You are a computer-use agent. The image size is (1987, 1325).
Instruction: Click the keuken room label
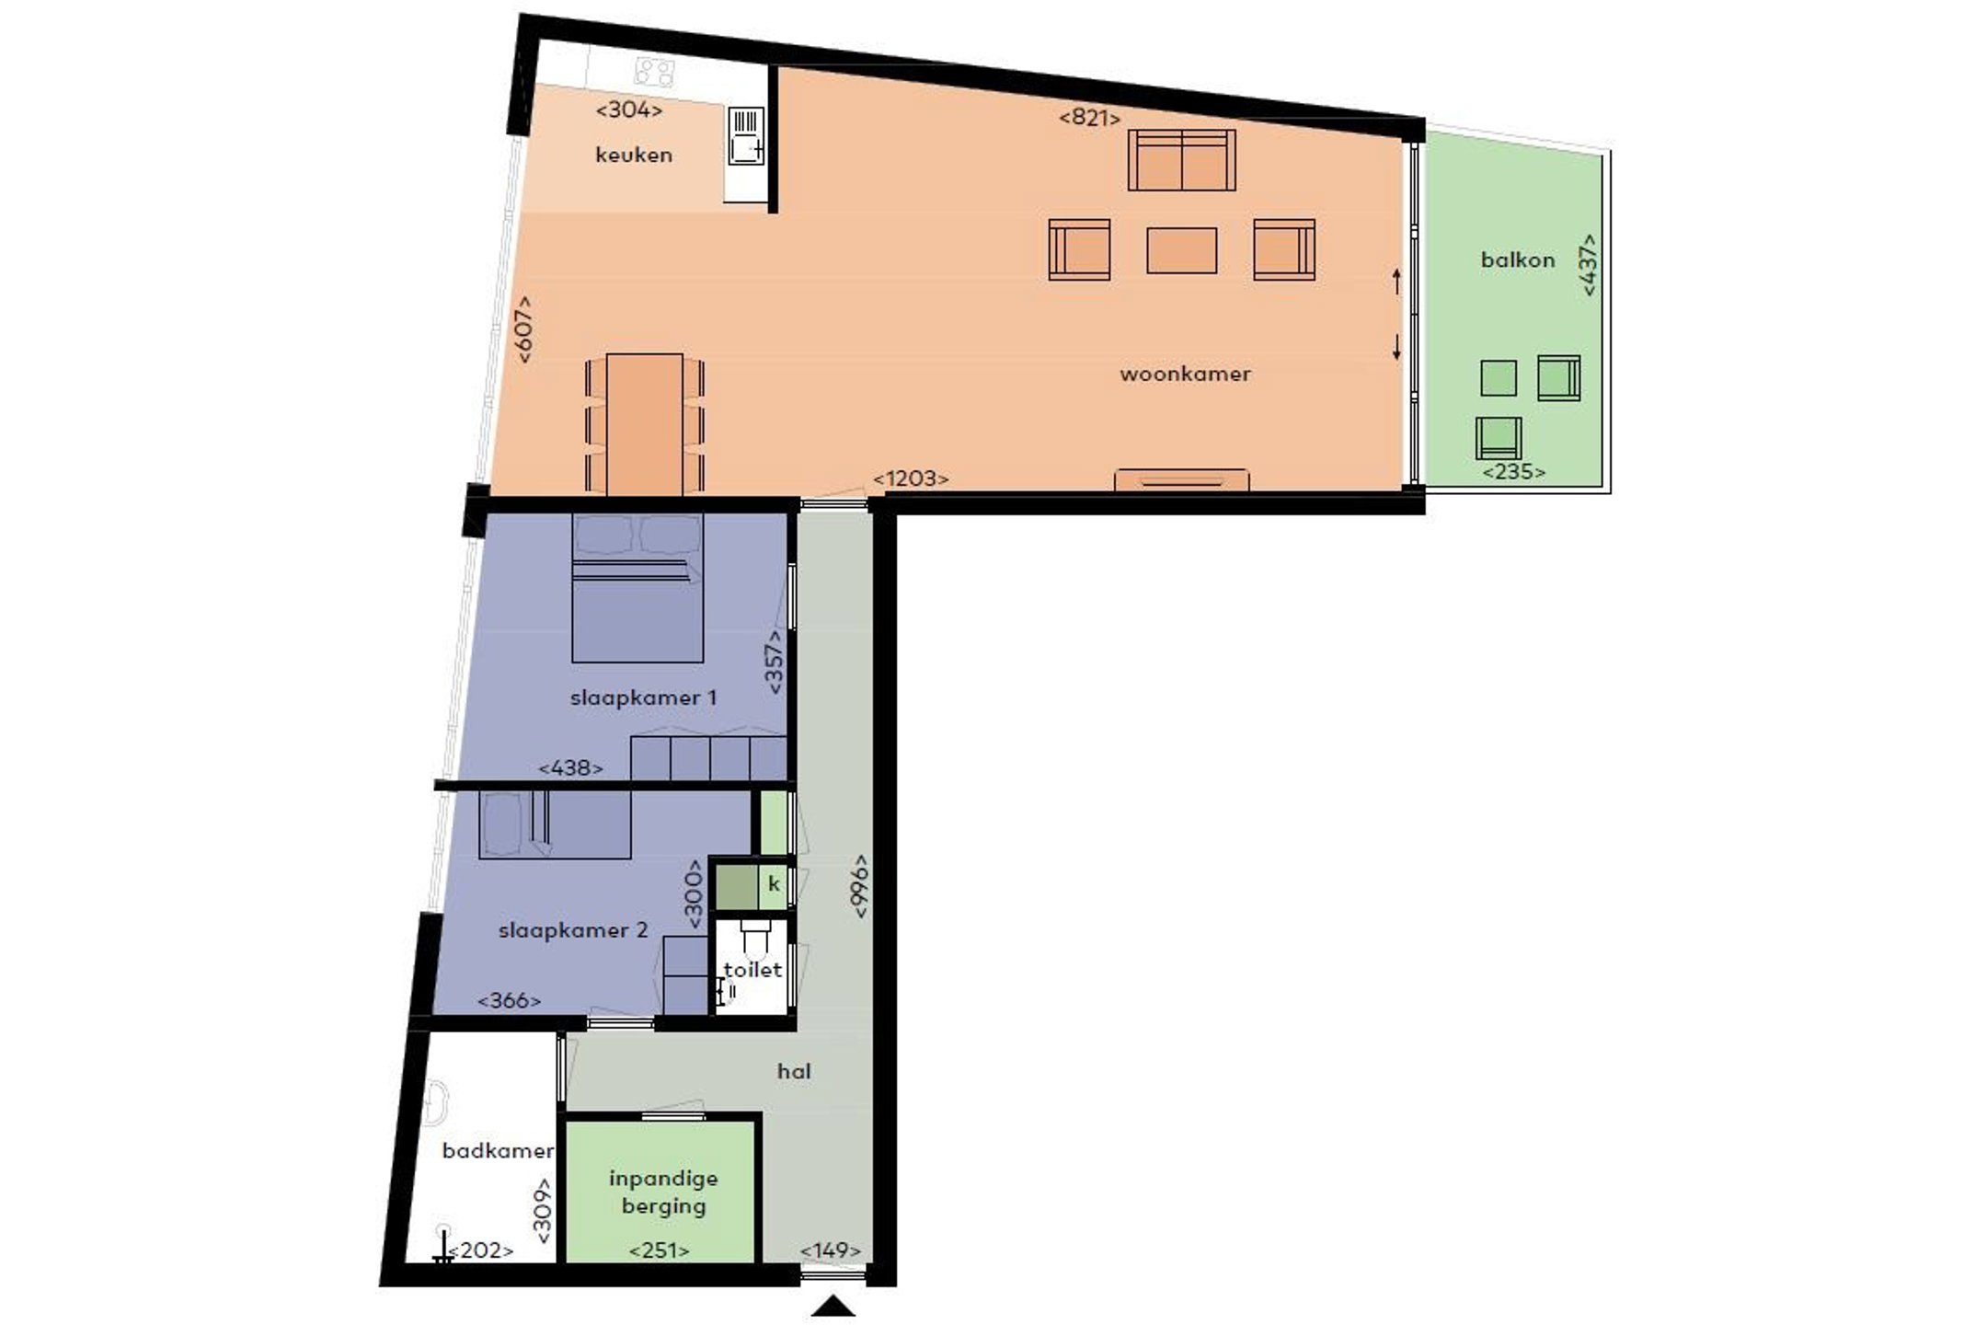tap(634, 155)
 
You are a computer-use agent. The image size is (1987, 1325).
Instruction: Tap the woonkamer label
tap(1185, 374)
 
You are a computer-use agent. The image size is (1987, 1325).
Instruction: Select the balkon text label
tap(1518, 259)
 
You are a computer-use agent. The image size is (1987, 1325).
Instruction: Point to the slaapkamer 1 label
tap(643, 697)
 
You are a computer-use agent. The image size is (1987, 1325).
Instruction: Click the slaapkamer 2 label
tap(573, 930)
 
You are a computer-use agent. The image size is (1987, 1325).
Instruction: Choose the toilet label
tap(752, 969)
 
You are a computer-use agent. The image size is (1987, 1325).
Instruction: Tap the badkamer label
tap(498, 1150)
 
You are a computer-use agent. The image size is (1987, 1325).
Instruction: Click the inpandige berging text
tap(663, 1192)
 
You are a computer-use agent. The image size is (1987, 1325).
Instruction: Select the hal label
tap(794, 1071)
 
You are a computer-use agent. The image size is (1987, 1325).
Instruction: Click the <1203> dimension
tap(911, 478)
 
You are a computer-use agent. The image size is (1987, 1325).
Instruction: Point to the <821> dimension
tap(1090, 118)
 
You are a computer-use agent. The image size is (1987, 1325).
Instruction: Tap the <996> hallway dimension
tap(860, 885)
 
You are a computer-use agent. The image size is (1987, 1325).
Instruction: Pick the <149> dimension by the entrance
tap(831, 1250)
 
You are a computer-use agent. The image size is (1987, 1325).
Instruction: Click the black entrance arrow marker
tap(833, 1307)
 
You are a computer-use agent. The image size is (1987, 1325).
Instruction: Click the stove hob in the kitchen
tap(655, 72)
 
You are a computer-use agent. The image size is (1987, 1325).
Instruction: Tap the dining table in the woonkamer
tap(644, 424)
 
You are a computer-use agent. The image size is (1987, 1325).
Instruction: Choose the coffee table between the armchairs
tap(1181, 250)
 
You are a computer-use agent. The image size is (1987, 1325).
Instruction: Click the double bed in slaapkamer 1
tap(637, 588)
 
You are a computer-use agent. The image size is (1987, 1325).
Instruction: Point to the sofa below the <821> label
tap(1182, 160)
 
